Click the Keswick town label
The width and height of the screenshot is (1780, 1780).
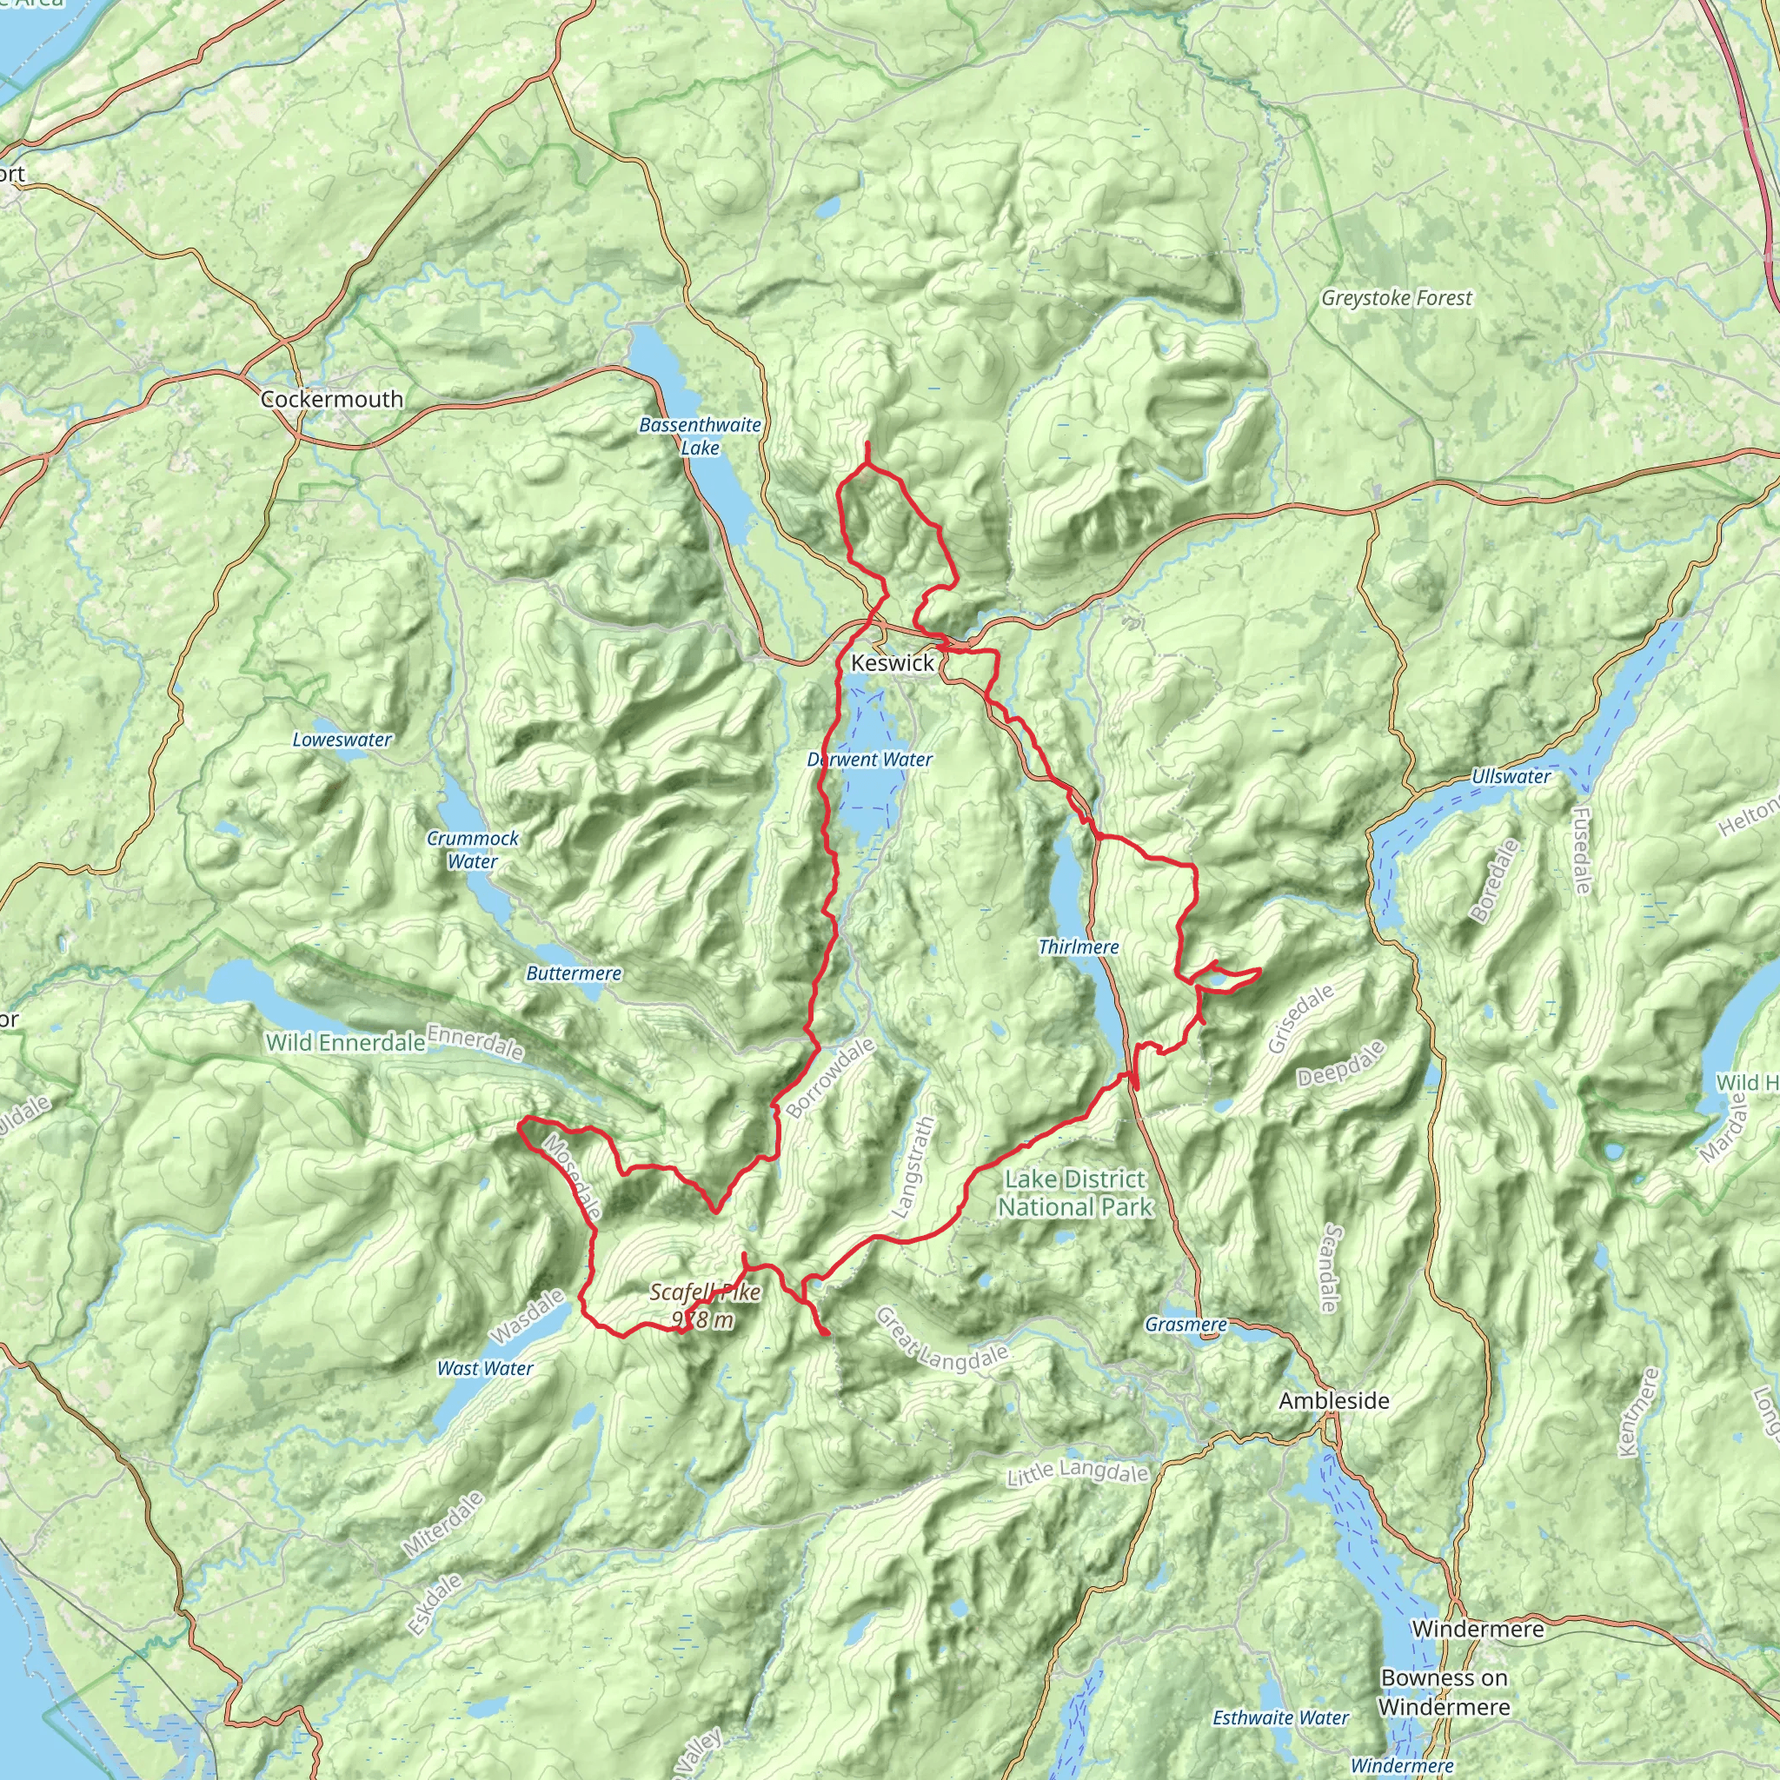[892, 662]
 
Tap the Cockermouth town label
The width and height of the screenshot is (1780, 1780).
[332, 399]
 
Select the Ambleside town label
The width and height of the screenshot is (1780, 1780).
[1333, 1400]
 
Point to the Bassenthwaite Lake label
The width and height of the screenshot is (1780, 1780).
[701, 435]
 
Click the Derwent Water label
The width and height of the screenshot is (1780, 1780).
[870, 759]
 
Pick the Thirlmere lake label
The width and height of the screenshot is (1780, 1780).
[1078, 946]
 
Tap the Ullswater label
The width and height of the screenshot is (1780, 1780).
[1510, 776]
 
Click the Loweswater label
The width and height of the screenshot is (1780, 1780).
[342, 739]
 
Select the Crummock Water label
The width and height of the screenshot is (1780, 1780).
[473, 849]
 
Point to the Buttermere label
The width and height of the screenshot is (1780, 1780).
[573, 973]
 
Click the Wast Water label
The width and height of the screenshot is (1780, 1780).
[485, 1368]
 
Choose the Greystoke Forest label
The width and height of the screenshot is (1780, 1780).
[1396, 297]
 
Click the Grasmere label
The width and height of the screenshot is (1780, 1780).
[1186, 1324]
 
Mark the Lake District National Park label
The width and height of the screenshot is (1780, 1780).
[1075, 1192]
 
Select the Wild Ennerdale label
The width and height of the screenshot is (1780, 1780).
[346, 1042]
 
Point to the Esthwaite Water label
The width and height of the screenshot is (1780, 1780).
[1279, 1717]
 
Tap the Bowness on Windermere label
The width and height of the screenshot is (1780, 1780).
[1444, 1691]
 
